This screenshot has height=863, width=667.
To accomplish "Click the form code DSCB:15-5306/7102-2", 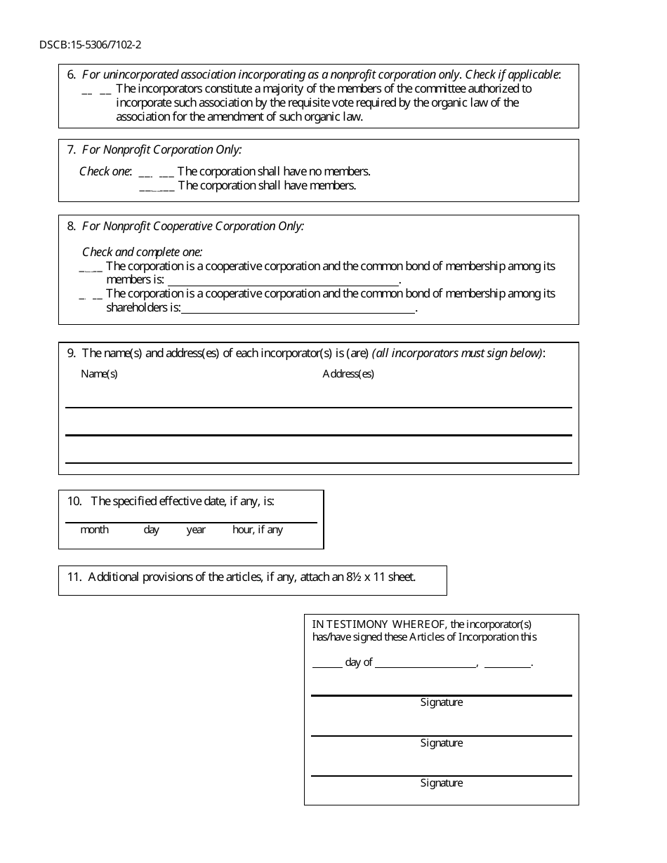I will tap(90, 46).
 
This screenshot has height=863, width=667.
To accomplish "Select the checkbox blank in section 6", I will tap(96, 91).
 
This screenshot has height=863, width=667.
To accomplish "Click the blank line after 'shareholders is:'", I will tap(298, 309).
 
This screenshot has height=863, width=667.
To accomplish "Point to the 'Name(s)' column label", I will tap(99, 374).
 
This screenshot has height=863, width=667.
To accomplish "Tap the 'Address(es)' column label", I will tap(348, 374).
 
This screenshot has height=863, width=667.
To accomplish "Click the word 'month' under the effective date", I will tap(94, 530).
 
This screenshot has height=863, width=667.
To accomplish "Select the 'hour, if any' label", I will tap(257, 530).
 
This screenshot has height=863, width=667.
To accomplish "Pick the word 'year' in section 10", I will tap(196, 530).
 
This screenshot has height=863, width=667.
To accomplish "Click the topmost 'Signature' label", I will tap(441, 702).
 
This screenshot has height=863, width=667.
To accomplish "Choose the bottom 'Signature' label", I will tap(441, 783).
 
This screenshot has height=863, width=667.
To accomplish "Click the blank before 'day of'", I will tap(326, 664).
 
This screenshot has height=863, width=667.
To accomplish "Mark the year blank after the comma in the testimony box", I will tap(507, 664).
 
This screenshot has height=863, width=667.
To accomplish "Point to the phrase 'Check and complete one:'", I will tap(142, 252).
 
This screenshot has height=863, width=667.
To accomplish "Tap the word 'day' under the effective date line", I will tap(151, 530).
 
